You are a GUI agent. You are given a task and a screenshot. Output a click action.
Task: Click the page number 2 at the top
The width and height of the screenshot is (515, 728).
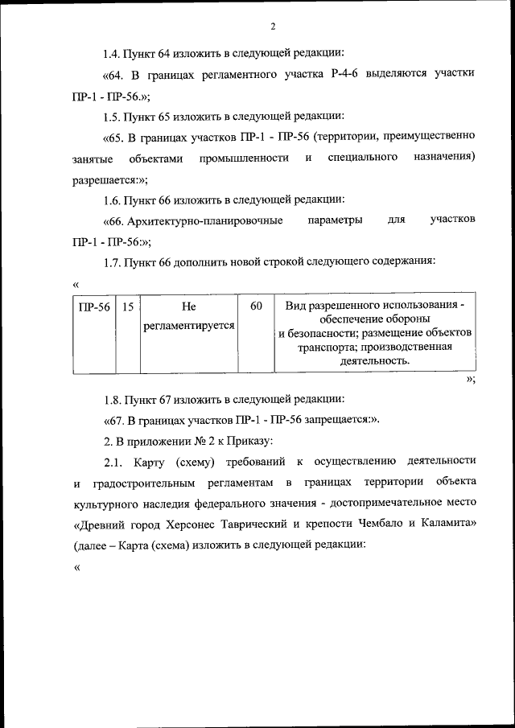[x=273, y=27]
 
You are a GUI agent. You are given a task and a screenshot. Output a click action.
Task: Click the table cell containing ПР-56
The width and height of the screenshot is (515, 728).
[x=93, y=306]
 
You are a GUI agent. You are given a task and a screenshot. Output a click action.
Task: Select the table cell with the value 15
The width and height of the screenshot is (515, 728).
[x=128, y=306]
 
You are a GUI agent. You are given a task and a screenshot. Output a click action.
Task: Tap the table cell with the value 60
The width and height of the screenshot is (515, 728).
[x=256, y=306]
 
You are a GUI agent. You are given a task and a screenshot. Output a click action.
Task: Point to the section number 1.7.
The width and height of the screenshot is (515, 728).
[x=113, y=261]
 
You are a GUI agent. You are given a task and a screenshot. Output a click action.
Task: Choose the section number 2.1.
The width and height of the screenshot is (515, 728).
[x=113, y=460]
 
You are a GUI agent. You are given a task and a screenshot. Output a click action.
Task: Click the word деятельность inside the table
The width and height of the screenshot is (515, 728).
[x=373, y=361]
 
